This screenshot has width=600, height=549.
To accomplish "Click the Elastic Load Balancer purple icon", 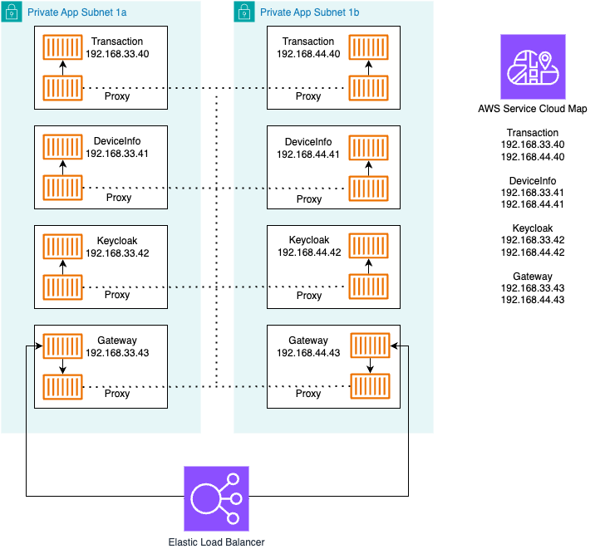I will click(x=217, y=498).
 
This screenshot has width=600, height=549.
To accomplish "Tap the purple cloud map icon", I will click(x=533, y=67).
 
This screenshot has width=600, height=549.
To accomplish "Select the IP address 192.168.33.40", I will click(x=117, y=53).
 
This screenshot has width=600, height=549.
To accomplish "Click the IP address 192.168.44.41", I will click(x=308, y=154).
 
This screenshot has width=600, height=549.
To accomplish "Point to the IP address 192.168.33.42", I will click(x=117, y=252).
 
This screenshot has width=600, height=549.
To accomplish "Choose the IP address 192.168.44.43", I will click(x=308, y=352).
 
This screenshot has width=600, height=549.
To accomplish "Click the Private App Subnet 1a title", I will click(x=77, y=13).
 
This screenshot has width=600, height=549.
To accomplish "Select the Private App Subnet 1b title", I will click(x=310, y=13).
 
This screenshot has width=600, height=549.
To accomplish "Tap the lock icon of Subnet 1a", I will click(x=11, y=12).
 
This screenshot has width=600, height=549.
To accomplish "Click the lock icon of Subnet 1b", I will click(x=243, y=12).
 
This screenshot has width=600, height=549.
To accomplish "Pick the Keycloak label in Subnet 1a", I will click(x=117, y=241).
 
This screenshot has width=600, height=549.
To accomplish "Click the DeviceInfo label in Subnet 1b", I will click(x=308, y=142).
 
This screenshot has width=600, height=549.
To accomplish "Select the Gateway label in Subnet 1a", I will click(x=117, y=341).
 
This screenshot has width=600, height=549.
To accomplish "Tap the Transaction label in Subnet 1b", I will click(x=308, y=42).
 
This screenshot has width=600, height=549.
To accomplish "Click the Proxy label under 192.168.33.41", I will click(x=119, y=198).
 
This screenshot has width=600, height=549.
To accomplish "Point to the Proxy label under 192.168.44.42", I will click(x=309, y=295).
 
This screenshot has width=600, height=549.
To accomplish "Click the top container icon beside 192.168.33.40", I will click(x=62, y=47).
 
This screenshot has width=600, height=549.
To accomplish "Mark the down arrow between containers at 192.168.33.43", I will click(x=62, y=366).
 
